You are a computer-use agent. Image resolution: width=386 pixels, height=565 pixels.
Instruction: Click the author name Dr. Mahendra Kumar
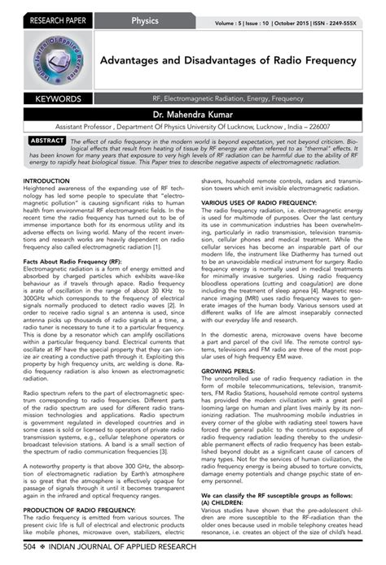pos(193,115)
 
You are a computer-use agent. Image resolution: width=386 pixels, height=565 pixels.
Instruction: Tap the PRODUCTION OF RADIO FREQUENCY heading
pos(73,486)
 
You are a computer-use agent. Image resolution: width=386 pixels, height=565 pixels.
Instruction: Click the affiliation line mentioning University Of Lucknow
pos(193,128)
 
